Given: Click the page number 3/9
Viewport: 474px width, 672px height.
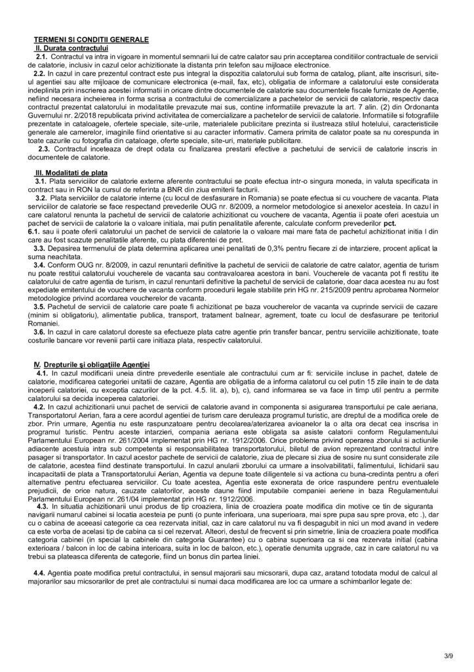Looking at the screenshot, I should pos(447,656).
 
